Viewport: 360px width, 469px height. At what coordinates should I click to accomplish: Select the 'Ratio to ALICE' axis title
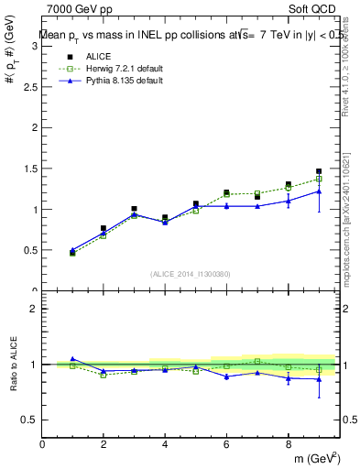[x=14, y=365]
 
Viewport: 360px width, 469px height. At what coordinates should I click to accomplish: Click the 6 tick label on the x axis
[x=226, y=444]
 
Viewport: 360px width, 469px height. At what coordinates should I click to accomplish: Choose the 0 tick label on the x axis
[x=42, y=444]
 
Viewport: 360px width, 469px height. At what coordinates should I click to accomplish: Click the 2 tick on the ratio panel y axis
[x=34, y=309]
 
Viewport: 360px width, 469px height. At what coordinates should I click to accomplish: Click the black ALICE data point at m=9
[x=319, y=171]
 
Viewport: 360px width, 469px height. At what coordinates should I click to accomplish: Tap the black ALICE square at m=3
[x=134, y=209]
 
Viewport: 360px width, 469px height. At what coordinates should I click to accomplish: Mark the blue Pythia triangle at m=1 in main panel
[x=72, y=250]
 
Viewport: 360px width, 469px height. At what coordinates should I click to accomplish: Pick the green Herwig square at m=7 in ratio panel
[x=257, y=361]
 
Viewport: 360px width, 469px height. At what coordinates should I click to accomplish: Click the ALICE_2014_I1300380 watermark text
[x=190, y=273]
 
